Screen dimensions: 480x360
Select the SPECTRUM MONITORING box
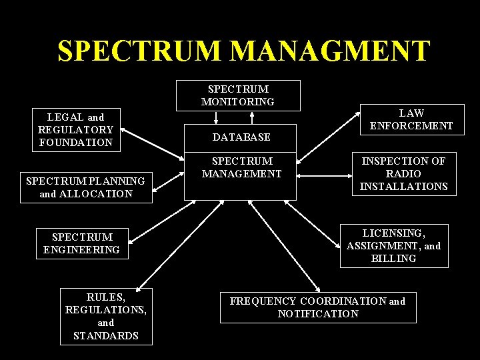pyautogui.click(x=238, y=95)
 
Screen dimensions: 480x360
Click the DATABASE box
pyautogui.click(x=241, y=137)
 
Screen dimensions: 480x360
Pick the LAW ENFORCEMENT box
pyautogui.click(x=411, y=119)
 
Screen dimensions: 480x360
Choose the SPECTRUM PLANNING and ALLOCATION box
pyautogui.click(x=85, y=187)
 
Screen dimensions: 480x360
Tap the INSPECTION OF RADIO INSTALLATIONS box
pyautogui.click(x=403, y=174)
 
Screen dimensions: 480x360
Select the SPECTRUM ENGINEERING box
pyautogui.click(x=82, y=243)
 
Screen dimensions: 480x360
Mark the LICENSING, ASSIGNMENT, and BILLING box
pyautogui.click(x=393, y=245)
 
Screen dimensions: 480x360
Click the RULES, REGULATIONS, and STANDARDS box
pyautogui.click(x=106, y=316)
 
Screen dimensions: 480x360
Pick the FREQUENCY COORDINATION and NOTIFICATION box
pyautogui.click(x=317, y=307)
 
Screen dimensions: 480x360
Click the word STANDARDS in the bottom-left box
pyautogui.click(x=106, y=335)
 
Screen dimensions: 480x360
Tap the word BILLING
pyautogui.click(x=393, y=258)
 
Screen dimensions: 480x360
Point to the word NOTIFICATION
pyautogui.click(x=318, y=313)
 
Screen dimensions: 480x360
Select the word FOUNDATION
pyautogui.click(x=75, y=142)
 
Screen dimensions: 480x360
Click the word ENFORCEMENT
pyautogui.click(x=411, y=125)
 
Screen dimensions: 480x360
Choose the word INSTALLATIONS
pyautogui.click(x=403, y=187)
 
